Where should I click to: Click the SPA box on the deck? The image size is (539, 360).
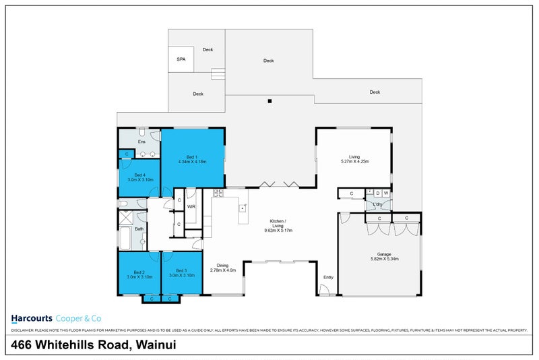click(181, 59)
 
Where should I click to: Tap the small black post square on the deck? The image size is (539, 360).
click(269, 102)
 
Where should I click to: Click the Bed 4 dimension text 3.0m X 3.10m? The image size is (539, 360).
click(140, 180)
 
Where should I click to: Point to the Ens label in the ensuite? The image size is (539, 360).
click(141, 142)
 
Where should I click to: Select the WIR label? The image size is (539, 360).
click(191, 206)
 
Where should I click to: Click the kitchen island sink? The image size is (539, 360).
click(242, 208)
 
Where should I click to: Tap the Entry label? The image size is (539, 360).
click(328, 277)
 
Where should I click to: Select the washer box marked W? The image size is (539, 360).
click(387, 193)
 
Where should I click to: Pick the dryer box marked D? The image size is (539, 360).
click(378, 193)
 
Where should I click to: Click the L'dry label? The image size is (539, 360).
click(378, 204)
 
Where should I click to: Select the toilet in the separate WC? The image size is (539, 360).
click(123, 202)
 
